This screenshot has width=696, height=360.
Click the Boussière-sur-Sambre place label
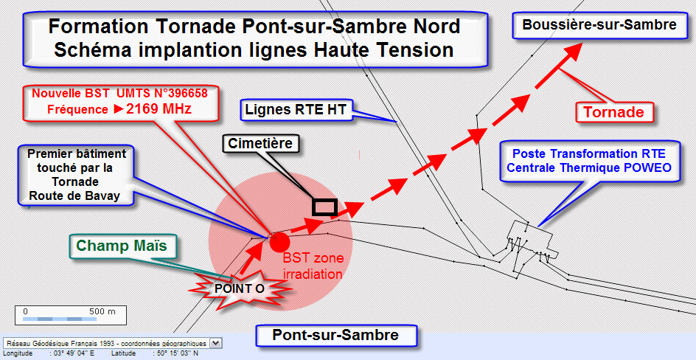point(599,25)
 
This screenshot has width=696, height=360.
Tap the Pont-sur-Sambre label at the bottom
point(335,335)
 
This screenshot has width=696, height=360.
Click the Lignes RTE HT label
point(296,110)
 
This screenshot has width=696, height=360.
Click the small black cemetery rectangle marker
point(324,207)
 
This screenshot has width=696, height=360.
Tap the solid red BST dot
point(279,243)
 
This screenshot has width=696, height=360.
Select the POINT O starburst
point(240,288)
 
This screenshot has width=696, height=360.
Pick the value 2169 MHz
point(159,108)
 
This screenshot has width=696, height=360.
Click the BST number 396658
point(192,94)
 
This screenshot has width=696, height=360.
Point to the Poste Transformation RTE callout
point(589,161)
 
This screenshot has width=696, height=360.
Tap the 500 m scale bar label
point(102,311)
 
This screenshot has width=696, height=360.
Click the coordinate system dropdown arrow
point(216,343)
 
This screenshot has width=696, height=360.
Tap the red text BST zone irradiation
point(313,266)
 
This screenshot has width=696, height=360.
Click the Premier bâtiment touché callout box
point(76,175)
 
